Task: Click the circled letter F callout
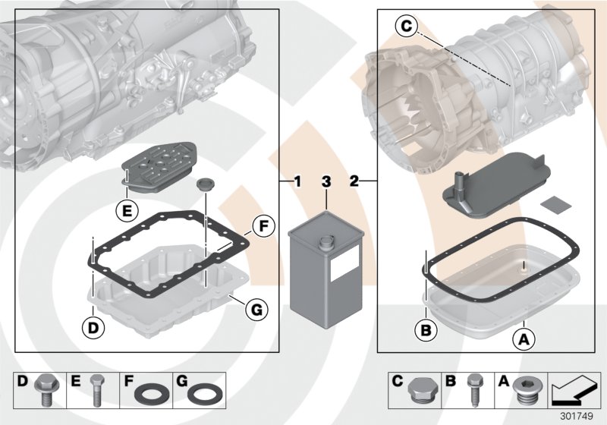261,225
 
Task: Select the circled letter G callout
256,309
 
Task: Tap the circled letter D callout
91,329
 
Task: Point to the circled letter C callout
407,27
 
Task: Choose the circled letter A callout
523,340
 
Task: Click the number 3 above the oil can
326,182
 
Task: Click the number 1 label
297,182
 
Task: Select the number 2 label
354,182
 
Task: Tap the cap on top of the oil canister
326,243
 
